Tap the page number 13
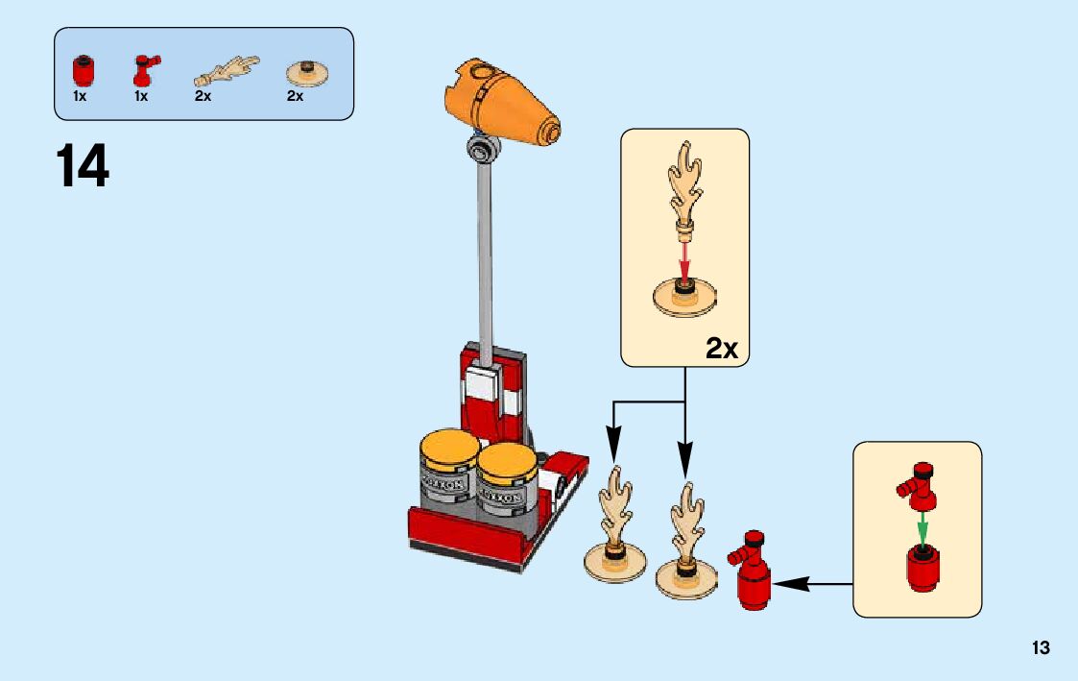(x=1041, y=648)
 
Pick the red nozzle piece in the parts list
(x=145, y=72)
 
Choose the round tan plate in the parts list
(x=307, y=74)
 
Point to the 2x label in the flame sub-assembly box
(x=721, y=348)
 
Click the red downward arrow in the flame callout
(x=684, y=259)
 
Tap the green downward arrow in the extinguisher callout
(x=922, y=527)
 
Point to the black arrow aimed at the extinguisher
(x=812, y=582)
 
